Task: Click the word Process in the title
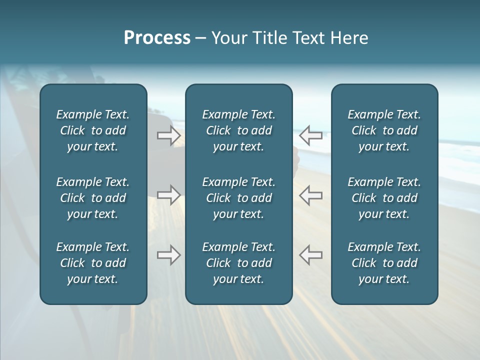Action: pyautogui.click(x=157, y=38)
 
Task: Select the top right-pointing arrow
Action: pyautogui.click(x=169, y=135)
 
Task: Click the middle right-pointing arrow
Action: pyautogui.click(x=169, y=195)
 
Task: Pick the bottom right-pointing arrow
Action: pyautogui.click(x=169, y=255)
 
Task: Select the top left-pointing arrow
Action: pyautogui.click(x=311, y=135)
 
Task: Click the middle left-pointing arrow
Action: pyautogui.click(x=311, y=195)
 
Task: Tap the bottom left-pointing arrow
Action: pyautogui.click(x=311, y=255)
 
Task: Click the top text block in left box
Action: pyautogui.click(x=93, y=130)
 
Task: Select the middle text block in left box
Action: pyautogui.click(x=93, y=198)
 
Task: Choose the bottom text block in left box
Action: pyautogui.click(x=93, y=263)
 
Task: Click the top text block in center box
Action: pyautogui.click(x=238, y=130)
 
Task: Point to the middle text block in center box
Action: pyautogui.click(x=238, y=198)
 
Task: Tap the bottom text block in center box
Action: pyautogui.click(x=238, y=263)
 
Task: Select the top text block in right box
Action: pyautogui.click(x=384, y=130)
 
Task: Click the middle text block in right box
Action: pyautogui.click(x=384, y=198)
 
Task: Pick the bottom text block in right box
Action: pyautogui.click(x=384, y=263)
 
